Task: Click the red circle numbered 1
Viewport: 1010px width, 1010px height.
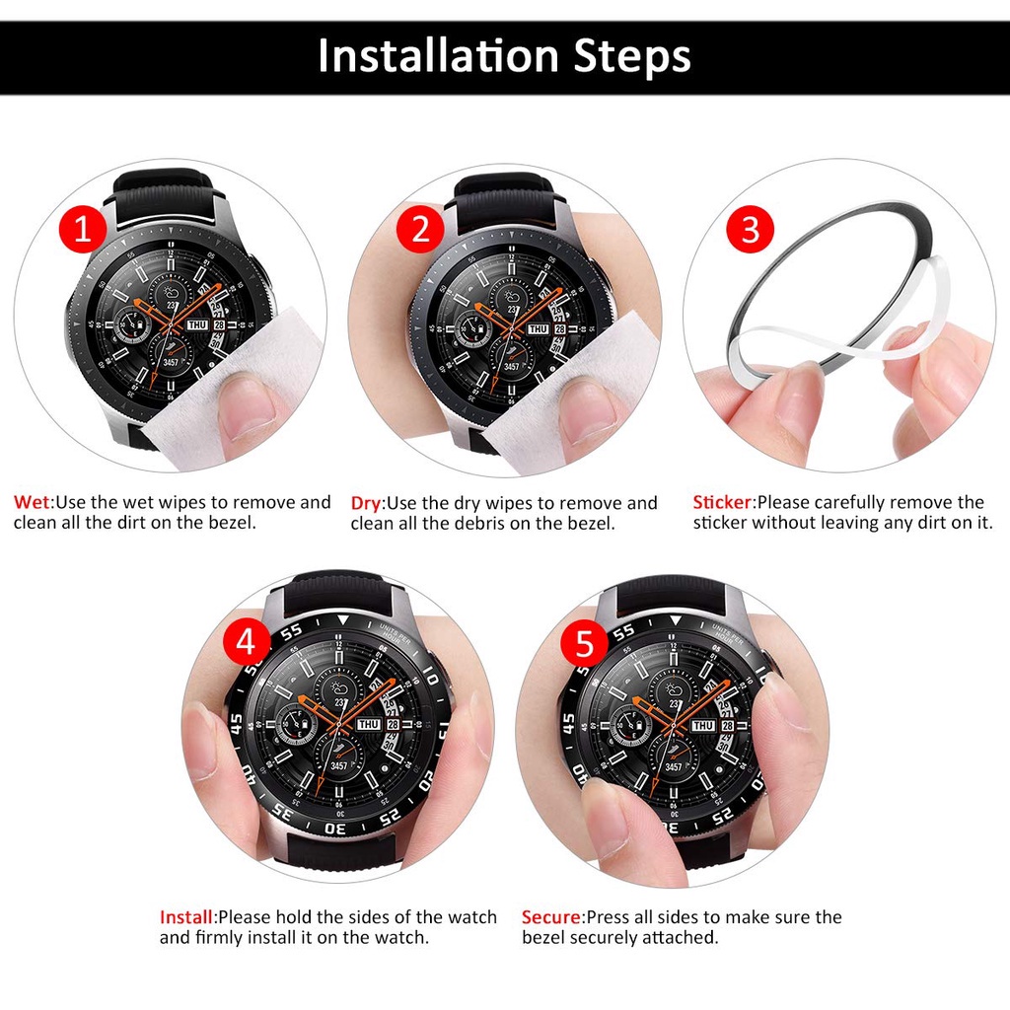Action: pyautogui.click(x=83, y=230)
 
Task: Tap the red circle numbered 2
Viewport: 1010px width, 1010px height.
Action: pyautogui.click(x=420, y=230)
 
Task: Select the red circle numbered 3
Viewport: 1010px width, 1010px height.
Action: pyautogui.click(x=750, y=230)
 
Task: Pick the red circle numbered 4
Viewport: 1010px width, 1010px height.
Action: pyautogui.click(x=246, y=643)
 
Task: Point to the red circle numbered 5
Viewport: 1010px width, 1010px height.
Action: pyautogui.click(x=584, y=643)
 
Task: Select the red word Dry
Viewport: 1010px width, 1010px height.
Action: pyautogui.click(x=366, y=503)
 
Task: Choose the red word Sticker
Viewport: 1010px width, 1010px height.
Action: pyautogui.click(x=722, y=503)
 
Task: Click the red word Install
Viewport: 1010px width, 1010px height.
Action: pyautogui.click(x=187, y=917)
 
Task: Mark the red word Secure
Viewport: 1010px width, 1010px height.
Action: pyautogui.click(x=551, y=917)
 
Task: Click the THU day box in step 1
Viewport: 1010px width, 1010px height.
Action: pyautogui.click(x=196, y=325)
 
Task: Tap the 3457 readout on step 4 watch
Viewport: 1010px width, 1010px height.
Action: pyautogui.click(x=338, y=766)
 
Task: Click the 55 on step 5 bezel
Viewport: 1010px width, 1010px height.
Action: pyautogui.click(x=622, y=632)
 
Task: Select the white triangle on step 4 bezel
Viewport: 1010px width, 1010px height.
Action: pyautogui.click(x=342, y=619)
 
